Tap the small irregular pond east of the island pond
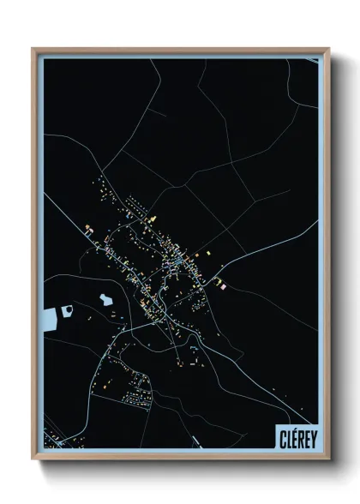pyautogui.click(x=106, y=299)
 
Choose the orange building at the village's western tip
pyautogui.click(x=87, y=228)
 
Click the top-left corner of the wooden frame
pyautogui.click(x=33, y=49)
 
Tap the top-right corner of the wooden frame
pyautogui.click(x=328, y=49)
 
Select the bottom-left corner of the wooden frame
pyautogui.click(x=33, y=459)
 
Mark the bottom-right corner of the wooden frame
pyautogui.click(x=328, y=459)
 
